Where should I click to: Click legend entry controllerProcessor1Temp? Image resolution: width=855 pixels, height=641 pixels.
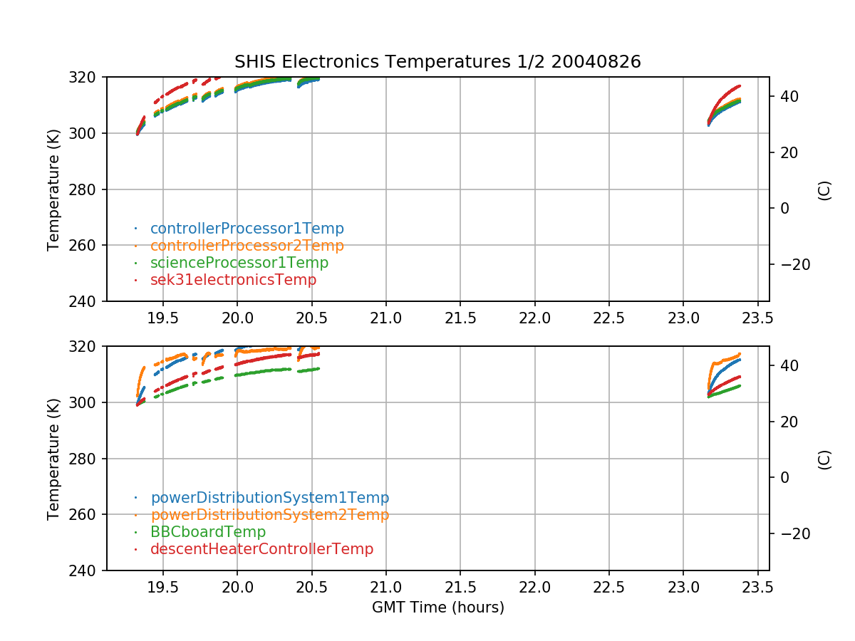247,229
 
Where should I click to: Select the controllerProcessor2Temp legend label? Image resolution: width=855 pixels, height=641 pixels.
247,246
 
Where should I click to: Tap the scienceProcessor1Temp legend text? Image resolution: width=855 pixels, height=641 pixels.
239,263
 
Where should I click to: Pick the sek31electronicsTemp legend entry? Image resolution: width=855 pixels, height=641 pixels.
233,280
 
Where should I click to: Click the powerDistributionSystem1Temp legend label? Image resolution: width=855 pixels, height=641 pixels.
269,498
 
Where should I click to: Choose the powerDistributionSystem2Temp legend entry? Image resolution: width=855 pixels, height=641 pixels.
269,515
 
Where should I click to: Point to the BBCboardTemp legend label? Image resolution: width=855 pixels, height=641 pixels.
207,532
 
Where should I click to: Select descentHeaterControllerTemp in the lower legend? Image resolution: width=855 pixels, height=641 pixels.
261,549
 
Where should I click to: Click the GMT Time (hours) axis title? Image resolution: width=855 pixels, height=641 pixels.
437,608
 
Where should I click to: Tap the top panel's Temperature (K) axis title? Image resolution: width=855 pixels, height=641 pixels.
53,189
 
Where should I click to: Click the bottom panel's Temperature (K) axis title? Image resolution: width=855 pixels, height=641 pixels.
53,459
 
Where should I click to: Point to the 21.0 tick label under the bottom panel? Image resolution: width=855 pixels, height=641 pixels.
386,588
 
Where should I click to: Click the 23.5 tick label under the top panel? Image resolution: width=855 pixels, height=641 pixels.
757,318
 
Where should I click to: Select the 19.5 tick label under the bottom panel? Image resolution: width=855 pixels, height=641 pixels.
163,588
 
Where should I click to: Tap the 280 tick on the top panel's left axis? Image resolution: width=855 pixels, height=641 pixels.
87,189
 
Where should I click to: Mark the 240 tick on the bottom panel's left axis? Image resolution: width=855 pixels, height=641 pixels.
87,570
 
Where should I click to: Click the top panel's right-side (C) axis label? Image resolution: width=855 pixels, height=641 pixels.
824,190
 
